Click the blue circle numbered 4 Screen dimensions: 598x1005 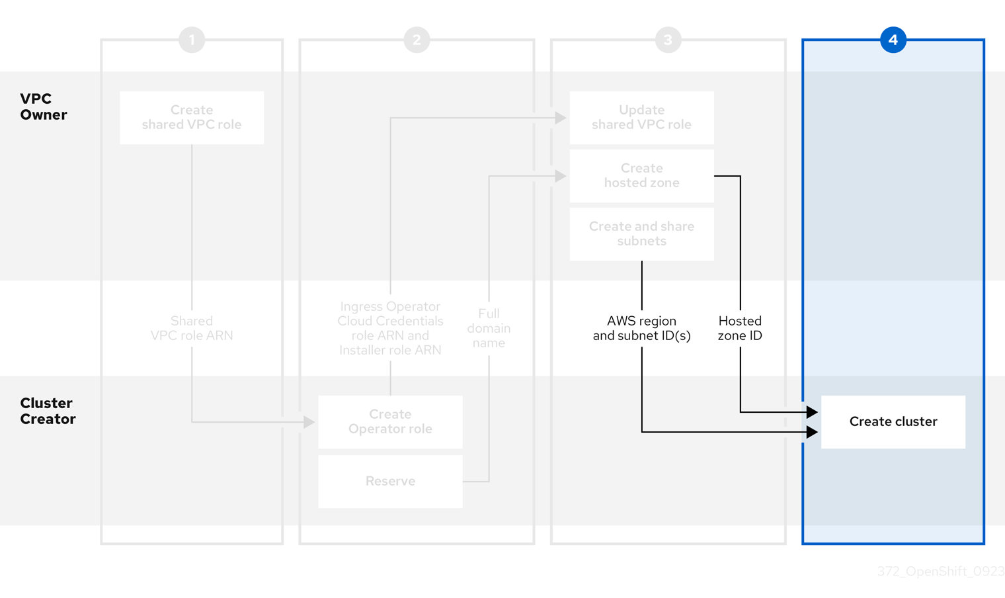[x=893, y=40]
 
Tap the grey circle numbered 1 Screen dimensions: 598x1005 [x=192, y=40]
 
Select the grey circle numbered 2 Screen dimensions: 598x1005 [x=417, y=40]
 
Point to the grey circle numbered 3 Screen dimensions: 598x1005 [x=668, y=40]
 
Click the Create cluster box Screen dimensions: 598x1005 [x=893, y=422]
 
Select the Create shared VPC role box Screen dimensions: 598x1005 [x=192, y=118]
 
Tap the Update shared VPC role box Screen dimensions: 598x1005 [x=641, y=118]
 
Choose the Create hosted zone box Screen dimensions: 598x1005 [x=641, y=176]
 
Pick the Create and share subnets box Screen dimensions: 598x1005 [x=641, y=234]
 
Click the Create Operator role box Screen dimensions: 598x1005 [x=390, y=422]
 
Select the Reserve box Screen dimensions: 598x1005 [x=390, y=482]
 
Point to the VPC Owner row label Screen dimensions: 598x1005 [x=44, y=107]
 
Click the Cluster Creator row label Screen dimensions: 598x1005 [x=48, y=411]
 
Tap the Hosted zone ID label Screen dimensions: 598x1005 [x=740, y=328]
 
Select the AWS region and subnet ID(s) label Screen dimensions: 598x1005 [x=641, y=328]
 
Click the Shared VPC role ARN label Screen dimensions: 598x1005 [x=192, y=328]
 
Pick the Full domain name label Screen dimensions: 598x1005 [x=489, y=328]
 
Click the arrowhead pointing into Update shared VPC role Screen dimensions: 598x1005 [x=561, y=118]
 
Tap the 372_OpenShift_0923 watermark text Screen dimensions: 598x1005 [x=940, y=572]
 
